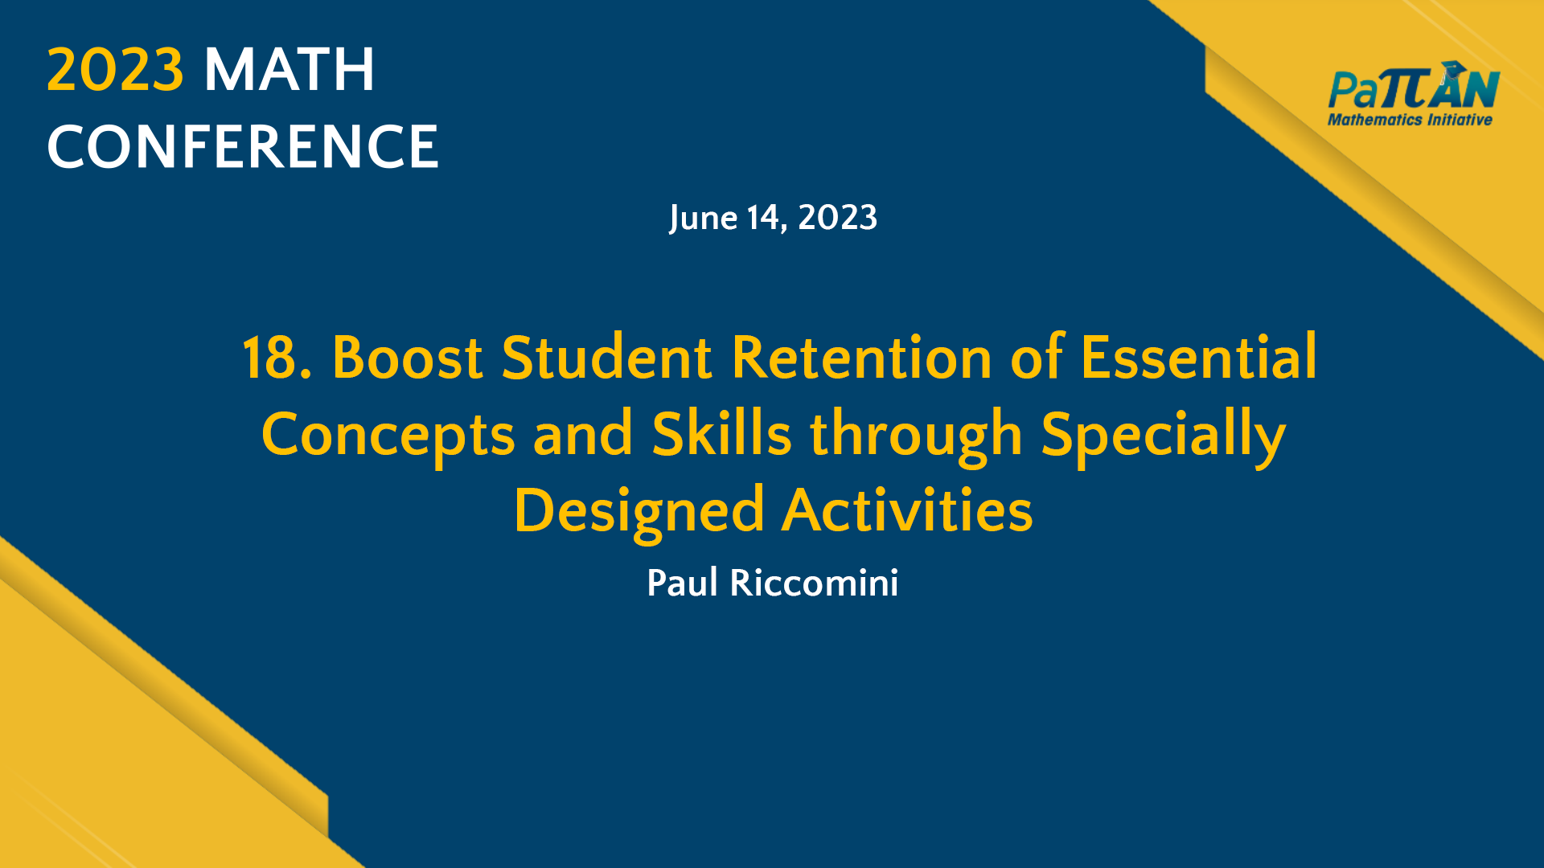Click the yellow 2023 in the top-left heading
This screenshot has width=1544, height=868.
[x=115, y=70]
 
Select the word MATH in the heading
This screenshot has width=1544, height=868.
[x=289, y=70]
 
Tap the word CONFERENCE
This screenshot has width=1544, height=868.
[x=243, y=147]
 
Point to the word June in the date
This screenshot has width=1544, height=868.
[x=703, y=218]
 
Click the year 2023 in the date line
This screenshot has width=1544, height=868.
[x=837, y=218]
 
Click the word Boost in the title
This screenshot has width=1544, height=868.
[x=407, y=358]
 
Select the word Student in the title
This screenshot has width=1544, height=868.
[x=606, y=358]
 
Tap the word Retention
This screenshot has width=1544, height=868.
[x=861, y=358]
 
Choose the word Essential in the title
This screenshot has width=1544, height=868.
[x=1198, y=358]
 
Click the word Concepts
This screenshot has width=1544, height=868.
[x=388, y=435]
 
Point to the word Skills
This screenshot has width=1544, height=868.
[x=721, y=435]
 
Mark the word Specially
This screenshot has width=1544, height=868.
[x=1163, y=435]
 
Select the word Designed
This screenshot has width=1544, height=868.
[x=639, y=511]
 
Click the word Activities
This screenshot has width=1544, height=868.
[x=907, y=511]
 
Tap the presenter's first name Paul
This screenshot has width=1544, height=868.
[x=682, y=583]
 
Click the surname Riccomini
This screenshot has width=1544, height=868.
[x=814, y=583]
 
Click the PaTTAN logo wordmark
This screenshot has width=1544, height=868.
[x=1413, y=90]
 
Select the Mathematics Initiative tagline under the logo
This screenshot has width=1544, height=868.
[x=1410, y=120]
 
